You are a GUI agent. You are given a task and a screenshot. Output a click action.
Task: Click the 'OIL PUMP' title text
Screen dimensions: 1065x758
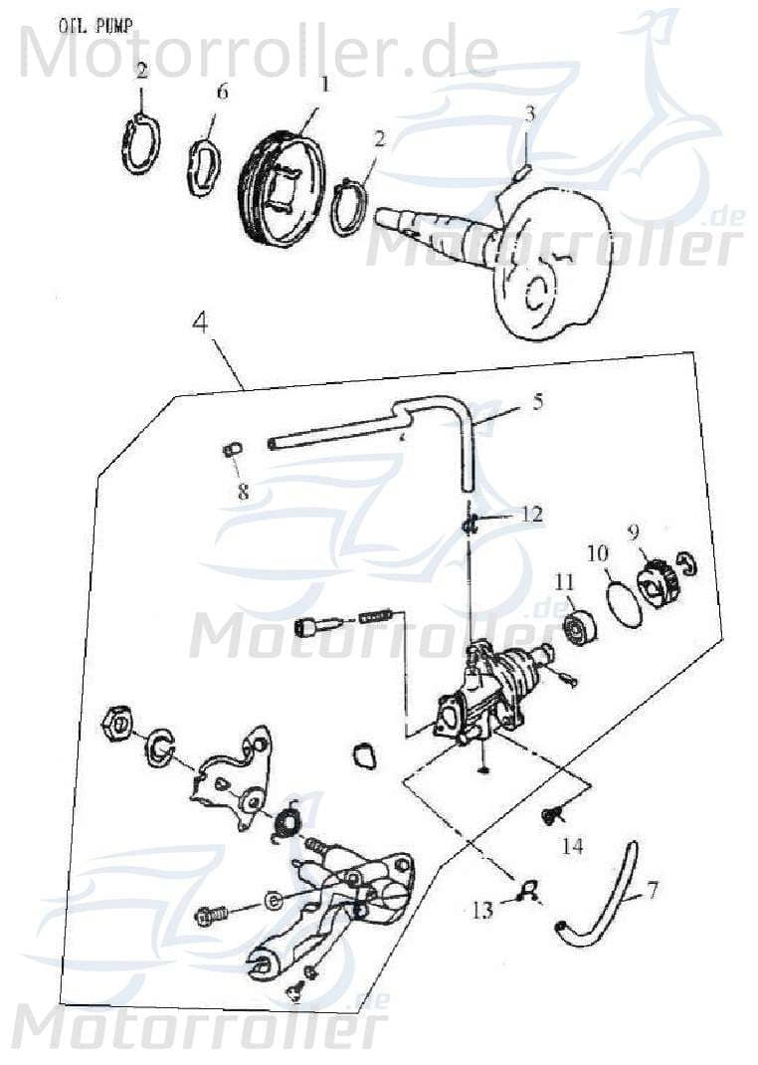coord(97,24)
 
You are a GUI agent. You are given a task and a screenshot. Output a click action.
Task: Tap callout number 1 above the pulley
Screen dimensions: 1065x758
coord(323,85)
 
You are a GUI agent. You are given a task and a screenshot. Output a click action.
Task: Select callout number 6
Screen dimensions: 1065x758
coord(222,92)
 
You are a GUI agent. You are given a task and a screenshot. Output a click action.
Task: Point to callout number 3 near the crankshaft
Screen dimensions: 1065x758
coord(530,113)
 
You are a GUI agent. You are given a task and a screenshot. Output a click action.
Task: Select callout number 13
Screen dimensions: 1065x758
coord(482,909)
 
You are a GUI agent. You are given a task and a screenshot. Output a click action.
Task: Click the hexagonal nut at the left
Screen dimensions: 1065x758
coord(117,724)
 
